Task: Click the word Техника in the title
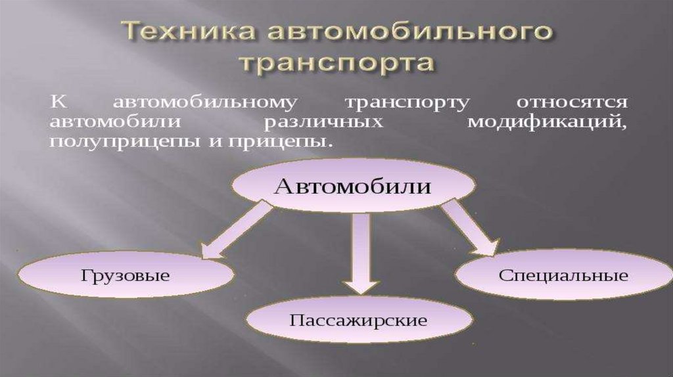177,33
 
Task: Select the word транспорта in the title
336,64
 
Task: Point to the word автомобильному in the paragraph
206,104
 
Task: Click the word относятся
572,104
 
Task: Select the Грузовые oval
126,274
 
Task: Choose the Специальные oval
563,275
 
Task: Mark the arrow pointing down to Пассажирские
360,252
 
